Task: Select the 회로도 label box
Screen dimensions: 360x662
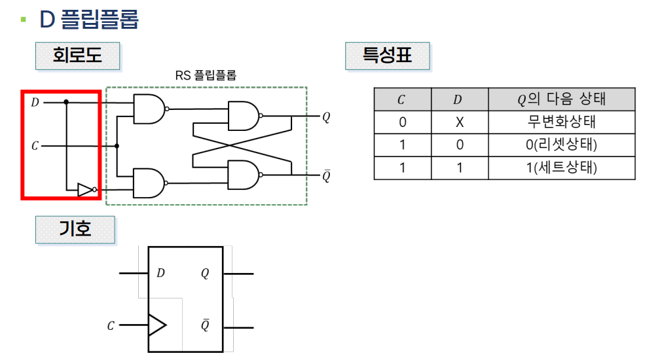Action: pyautogui.click(x=77, y=56)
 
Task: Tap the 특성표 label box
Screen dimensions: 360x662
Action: pyautogui.click(x=387, y=56)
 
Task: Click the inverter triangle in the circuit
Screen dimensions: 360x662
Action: pyautogui.click(x=85, y=190)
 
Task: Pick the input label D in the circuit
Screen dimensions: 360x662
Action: pyautogui.click(x=35, y=102)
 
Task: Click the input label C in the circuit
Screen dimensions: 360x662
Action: pyautogui.click(x=35, y=145)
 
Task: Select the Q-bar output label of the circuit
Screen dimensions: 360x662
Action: pyautogui.click(x=326, y=175)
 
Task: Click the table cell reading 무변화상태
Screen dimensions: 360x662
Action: pyautogui.click(x=561, y=122)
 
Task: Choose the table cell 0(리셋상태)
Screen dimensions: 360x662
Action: pyautogui.click(x=561, y=145)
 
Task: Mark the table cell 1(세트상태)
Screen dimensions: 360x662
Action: pyautogui.click(x=561, y=168)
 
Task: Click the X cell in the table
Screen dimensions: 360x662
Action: pyautogui.click(x=459, y=122)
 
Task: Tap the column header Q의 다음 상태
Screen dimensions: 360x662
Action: pyautogui.click(x=561, y=99)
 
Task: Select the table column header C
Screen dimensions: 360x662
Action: pyautogui.click(x=402, y=99)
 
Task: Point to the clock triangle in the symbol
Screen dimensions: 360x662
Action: pyautogui.click(x=156, y=325)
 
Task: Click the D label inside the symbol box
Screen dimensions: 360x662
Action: pyautogui.click(x=160, y=273)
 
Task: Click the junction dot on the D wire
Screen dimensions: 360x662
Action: pyautogui.click(x=66, y=102)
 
